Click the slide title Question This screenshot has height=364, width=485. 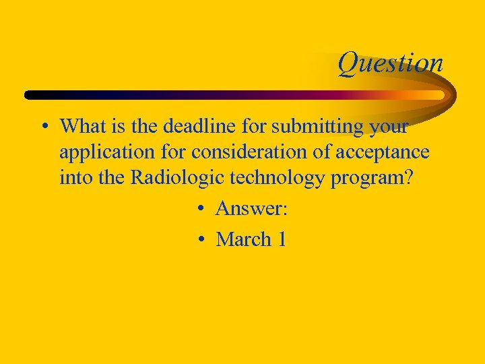click(x=390, y=63)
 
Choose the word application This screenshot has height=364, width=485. click(x=102, y=153)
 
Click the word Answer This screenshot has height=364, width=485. click(x=251, y=209)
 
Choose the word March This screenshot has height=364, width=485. click(x=243, y=239)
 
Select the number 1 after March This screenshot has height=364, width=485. click(x=282, y=239)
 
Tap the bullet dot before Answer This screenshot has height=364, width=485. click(x=201, y=210)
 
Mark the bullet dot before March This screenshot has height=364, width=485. click(x=201, y=240)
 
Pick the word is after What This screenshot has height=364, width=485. click(x=112, y=126)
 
